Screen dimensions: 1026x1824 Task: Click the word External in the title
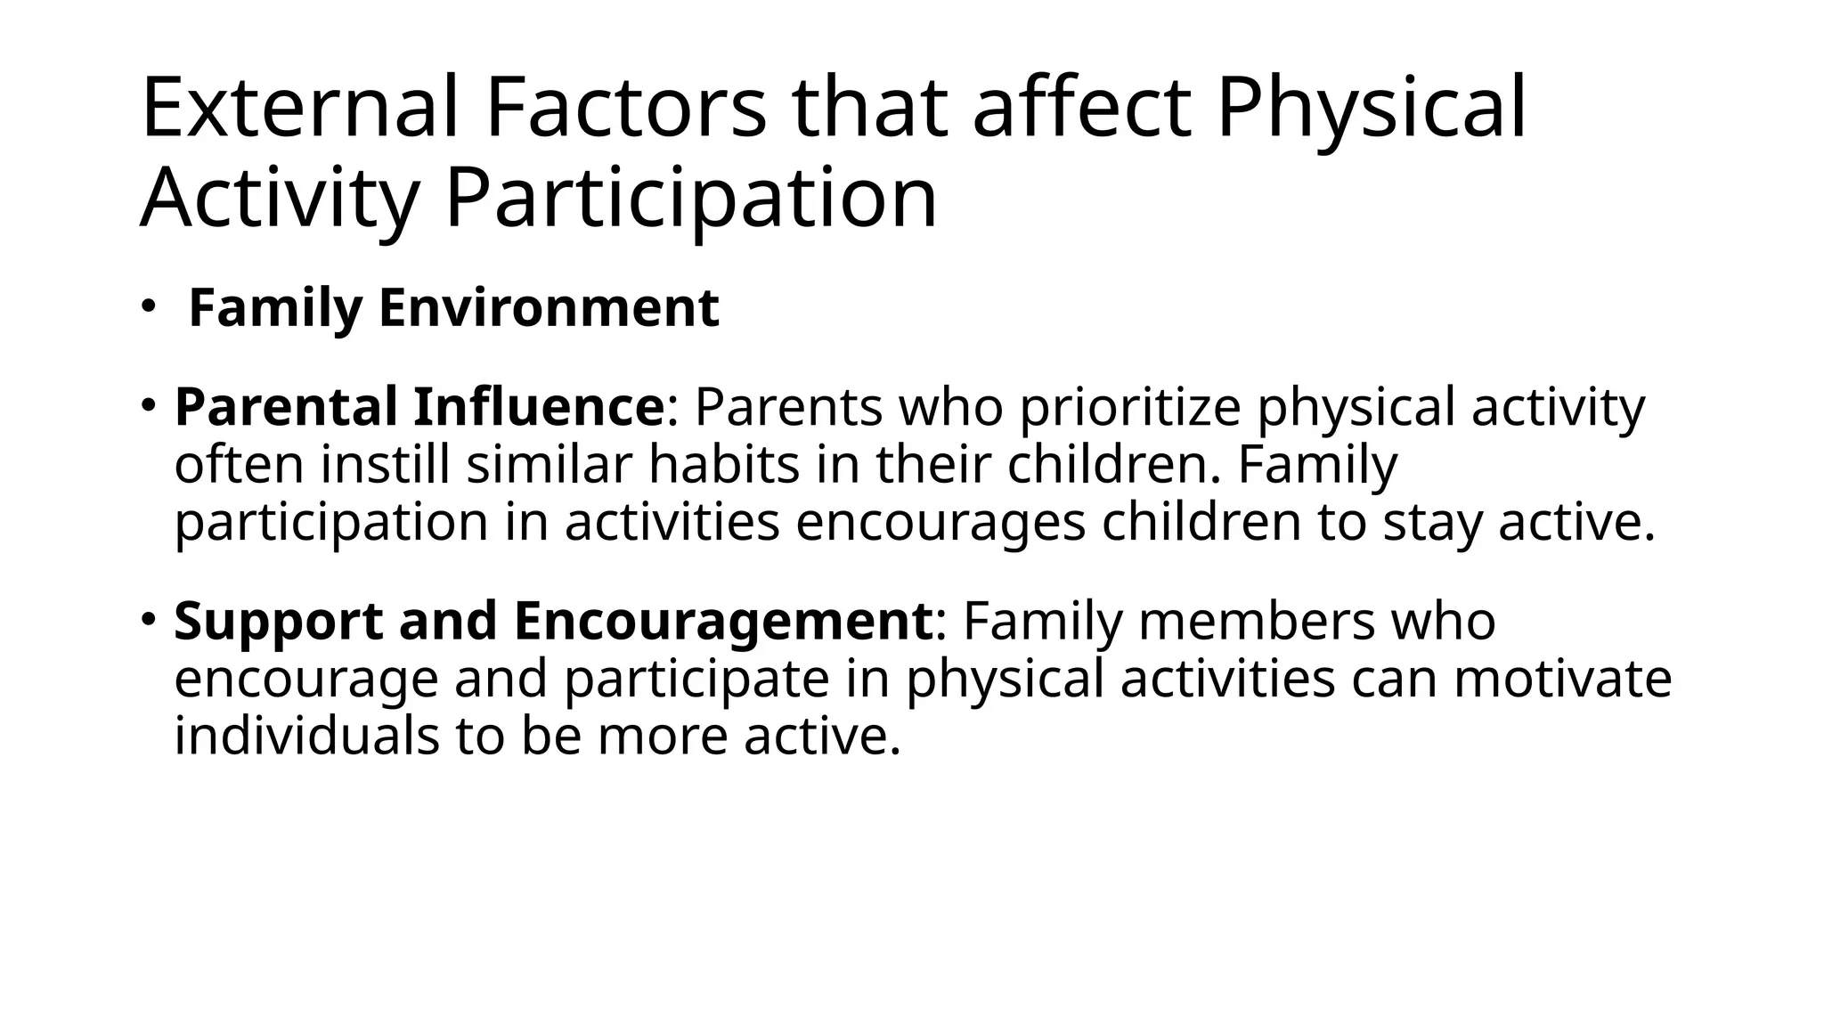pyautogui.click(x=299, y=109)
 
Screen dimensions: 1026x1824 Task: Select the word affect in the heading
pyautogui.click(x=1081, y=109)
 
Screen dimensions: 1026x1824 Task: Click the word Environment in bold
pyautogui.click(x=549, y=308)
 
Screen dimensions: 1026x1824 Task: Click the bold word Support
pyautogui.click(x=278, y=621)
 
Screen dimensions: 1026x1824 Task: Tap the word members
pyautogui.click(x=1257, y=621)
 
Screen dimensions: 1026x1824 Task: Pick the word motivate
pyautogui.click(x=1563, y=679)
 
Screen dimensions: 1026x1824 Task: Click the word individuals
pyautogui.click(x=306, y=737)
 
